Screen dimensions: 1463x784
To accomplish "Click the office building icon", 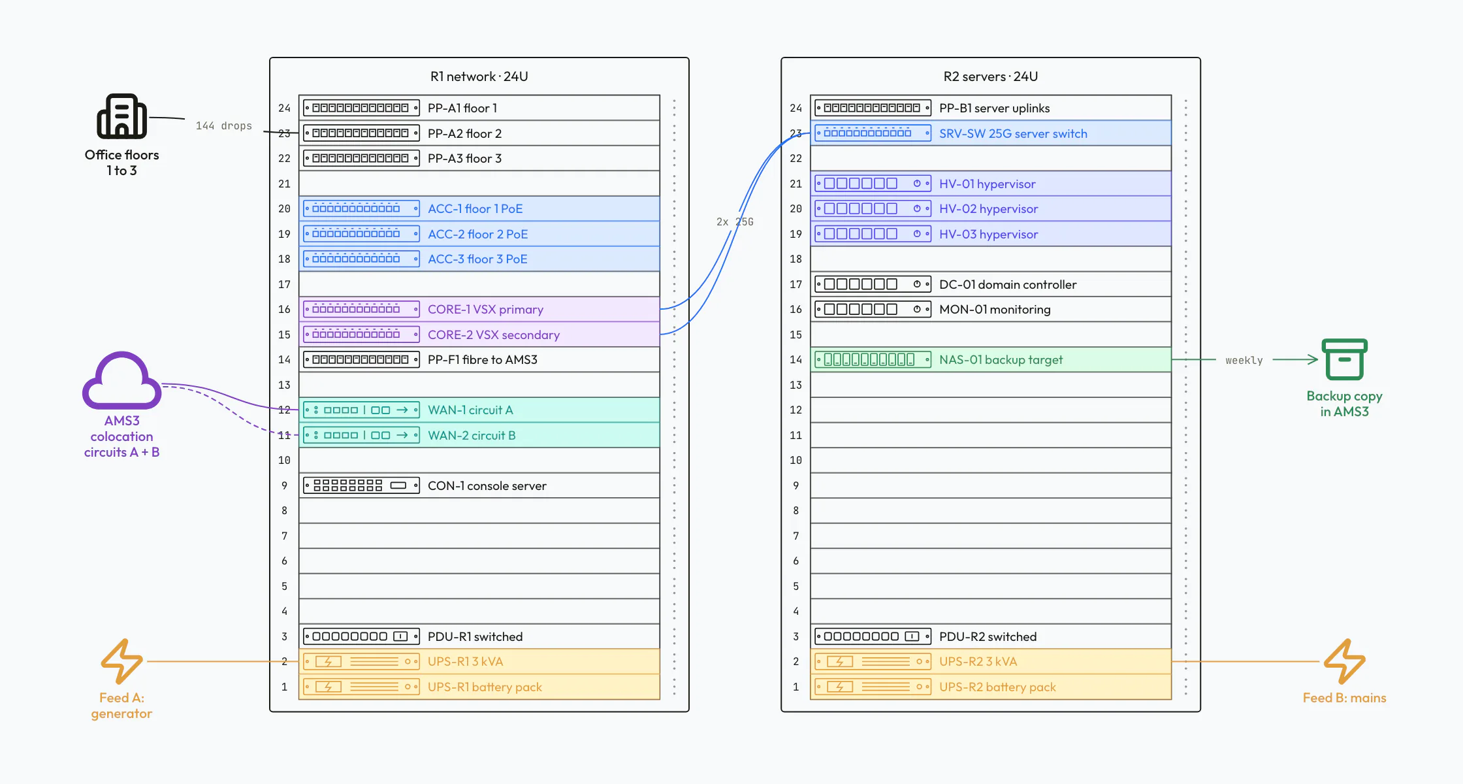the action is tap(121, 116).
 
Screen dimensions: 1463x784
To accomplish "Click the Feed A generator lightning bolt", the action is tap(121, 661).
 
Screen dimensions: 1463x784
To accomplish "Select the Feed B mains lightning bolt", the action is tap(1344, 661).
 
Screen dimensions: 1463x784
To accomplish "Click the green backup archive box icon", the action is tap(1344, 359).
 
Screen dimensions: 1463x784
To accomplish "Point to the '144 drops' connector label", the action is tap(223, 125).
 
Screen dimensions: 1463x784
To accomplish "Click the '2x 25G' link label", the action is tap(735, 221).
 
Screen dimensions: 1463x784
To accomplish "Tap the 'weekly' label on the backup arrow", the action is tap(1244, 360).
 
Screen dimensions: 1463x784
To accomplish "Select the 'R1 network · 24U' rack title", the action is tap(479, 76).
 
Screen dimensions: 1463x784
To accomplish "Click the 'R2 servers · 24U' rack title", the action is tap(990, 76).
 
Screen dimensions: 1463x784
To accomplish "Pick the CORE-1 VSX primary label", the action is tap(485, 309).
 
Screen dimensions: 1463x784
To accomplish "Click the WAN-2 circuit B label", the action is tap(472, 435).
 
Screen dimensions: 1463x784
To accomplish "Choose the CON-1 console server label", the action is tap(487, 485).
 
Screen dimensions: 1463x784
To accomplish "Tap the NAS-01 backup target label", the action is tap(1001, 359).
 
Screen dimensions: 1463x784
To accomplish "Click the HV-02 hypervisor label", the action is tap(988, 208).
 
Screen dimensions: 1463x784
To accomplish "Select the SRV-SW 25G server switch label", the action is tap(1013, 133).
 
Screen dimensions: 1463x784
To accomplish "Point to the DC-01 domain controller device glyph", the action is tap(873, 284).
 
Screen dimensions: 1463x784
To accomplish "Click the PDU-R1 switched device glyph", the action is tap(361, 636).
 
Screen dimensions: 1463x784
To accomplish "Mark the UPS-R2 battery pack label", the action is tap(997, 687).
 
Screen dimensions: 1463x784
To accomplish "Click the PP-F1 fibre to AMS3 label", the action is tap(482, 359).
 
